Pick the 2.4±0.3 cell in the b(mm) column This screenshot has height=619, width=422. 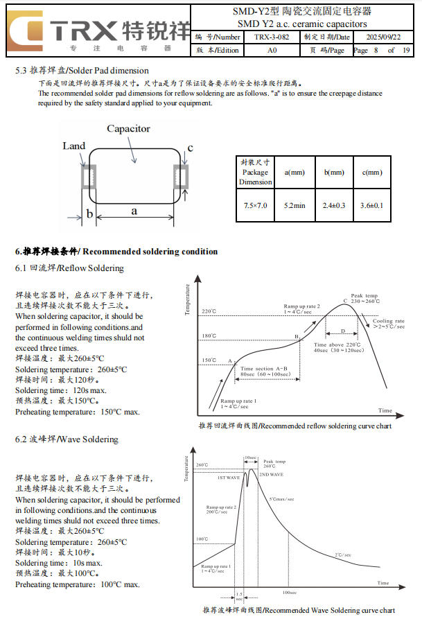tap(334, 205)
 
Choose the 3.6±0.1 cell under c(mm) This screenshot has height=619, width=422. tap(371, 205)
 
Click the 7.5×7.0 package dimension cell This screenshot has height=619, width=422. tap(256, 205)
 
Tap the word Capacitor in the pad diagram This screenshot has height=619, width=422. tap(128, 129)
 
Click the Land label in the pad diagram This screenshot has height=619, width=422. tap(74, 146)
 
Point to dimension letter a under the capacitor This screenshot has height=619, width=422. tap(134, 211)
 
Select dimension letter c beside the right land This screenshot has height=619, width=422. tap(190, 148)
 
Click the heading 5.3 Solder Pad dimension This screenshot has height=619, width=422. tap(82, 70)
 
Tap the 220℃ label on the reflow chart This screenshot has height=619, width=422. tap(209, 311)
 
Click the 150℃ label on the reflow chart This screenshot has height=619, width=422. tap(209, 360)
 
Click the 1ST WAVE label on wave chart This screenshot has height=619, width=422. tap(228, 478)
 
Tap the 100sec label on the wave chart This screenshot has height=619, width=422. tap(290, 593)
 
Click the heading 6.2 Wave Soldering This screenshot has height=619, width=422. tap(67, 439)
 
